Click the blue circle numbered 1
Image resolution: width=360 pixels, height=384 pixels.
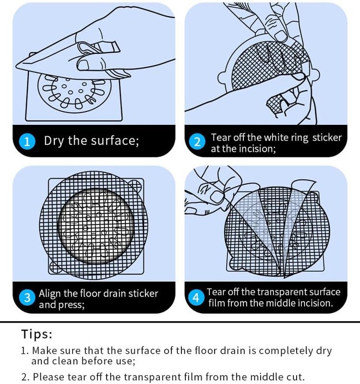[27, 141]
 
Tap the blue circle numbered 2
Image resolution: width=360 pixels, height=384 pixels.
[197, 142]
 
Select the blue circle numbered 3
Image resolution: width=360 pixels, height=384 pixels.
[27, 298]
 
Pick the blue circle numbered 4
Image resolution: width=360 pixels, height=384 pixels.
[196, 298]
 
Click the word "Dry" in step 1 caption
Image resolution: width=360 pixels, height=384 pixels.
[54, 141]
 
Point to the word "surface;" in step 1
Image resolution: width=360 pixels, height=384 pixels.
[115, 141]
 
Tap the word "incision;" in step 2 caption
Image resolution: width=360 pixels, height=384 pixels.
[257, 149]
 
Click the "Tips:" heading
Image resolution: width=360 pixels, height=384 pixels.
[37, 334]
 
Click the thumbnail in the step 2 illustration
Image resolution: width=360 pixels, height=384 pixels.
[281, 36]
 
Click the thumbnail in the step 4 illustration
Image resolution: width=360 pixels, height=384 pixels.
[216, 197]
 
